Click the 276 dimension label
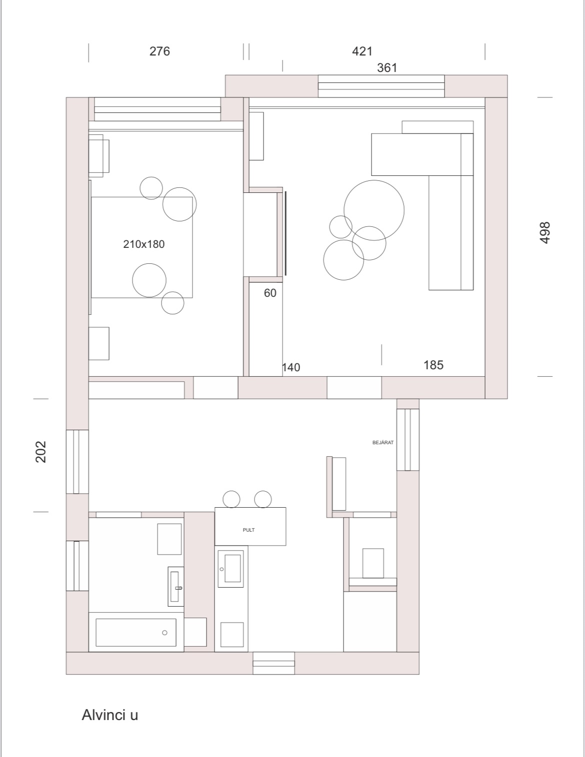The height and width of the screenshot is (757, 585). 159,51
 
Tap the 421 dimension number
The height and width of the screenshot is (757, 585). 362,51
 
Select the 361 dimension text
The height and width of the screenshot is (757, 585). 386,67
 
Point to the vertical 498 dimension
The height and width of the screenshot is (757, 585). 544,233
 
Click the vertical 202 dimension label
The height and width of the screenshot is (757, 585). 41,452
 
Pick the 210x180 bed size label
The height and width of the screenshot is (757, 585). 143,244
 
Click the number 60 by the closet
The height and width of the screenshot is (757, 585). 270,293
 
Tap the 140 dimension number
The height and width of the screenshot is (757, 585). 291,367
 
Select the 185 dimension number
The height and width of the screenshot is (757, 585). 433,365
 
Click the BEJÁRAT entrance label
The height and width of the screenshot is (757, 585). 383,442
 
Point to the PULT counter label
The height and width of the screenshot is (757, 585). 248,530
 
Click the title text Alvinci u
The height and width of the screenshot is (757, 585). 110,715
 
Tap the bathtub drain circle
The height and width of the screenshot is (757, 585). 165,633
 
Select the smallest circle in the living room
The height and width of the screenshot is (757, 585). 341,227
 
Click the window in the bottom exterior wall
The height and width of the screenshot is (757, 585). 273,663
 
